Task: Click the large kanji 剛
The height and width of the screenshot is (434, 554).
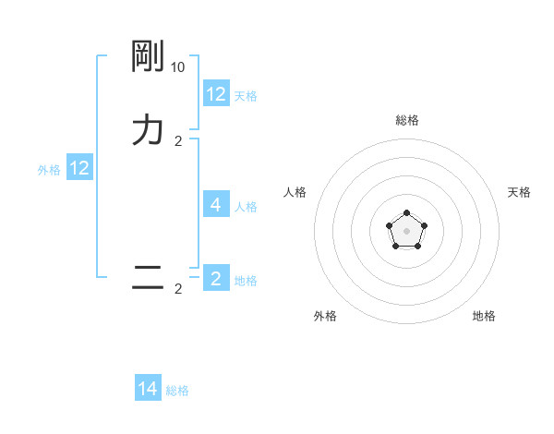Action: click(x=148, y=57)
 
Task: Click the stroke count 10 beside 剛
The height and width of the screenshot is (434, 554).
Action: click(x=178, y=67)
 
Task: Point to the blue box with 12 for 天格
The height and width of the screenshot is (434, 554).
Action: click(x=216, y=93)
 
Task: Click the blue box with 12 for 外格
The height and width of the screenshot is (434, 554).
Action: click(x=79, y=168)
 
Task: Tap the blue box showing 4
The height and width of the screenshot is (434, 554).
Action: click(x=216, y=204)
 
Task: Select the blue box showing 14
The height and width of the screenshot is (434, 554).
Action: click(x=148, y=389)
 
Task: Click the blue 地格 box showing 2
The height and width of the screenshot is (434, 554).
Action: click(x=216, y=278)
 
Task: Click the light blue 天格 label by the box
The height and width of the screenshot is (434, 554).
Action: click(x=246, y=96)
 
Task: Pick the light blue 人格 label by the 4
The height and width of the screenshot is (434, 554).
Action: click(x=247, y=207)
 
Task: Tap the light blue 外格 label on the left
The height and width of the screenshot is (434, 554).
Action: click(x=49, y=170)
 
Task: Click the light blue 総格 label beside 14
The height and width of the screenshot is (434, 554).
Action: click(x=177, y=391)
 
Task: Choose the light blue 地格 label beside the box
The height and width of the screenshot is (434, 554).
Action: click(x=246, y=281)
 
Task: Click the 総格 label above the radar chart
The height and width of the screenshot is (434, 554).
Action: click(x=407, y=120)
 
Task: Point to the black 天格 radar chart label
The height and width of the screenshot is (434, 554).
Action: click(x=519, y=192)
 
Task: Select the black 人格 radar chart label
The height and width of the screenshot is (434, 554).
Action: click(x=295, y=192)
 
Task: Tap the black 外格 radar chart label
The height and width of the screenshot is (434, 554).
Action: click(x=325, y=316)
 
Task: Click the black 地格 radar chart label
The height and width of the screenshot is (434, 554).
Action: click(x=484, y=316)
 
